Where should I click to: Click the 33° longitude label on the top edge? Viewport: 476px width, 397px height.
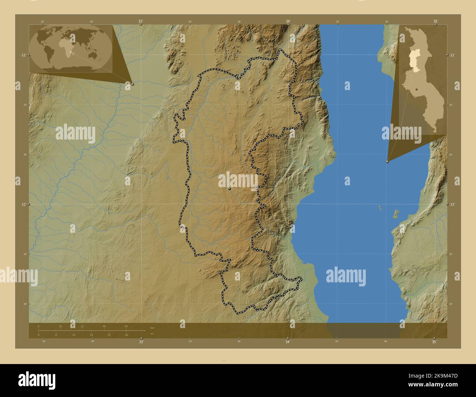point(141,22)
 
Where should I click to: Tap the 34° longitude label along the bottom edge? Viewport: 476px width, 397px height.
point(288,342)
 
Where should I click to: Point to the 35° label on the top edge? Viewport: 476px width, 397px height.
point(435,22)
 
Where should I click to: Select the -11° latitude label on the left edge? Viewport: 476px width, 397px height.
point(23,55)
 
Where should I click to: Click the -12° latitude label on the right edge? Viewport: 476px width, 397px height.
point(452,204)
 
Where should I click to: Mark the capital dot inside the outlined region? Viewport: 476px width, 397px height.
point(229,189)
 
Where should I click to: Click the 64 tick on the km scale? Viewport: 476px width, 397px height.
point(126,326)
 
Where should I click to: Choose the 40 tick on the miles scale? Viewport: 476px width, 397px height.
point(127,335)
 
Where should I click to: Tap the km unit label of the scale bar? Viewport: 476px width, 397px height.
point(152,327)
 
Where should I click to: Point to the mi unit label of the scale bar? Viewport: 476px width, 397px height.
point(152,333)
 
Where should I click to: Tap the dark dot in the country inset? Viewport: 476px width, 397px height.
point(417,89)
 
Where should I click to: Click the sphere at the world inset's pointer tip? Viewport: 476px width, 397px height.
point(132,84)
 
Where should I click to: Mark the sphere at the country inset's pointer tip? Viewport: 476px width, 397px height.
point(387,161)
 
